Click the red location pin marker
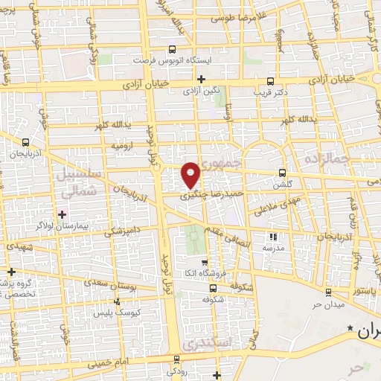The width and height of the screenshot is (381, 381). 192,175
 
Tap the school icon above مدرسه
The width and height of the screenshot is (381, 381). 272,237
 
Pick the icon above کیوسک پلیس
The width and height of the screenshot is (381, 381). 117,301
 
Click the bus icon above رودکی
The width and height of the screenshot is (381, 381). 176,356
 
